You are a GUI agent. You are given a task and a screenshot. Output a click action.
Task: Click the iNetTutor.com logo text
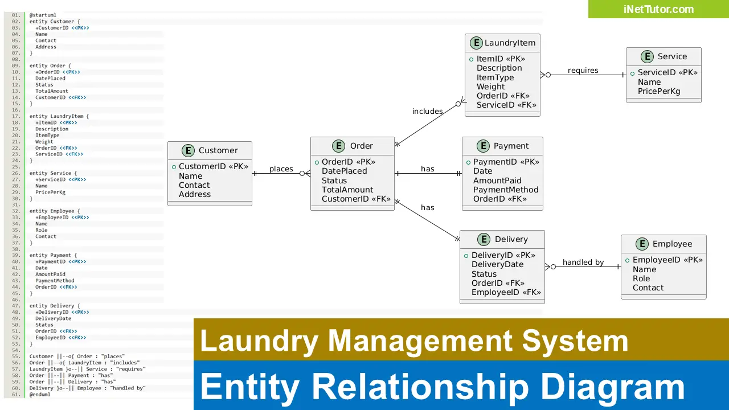(658, 9)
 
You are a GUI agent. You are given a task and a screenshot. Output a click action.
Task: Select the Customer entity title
(218, 150)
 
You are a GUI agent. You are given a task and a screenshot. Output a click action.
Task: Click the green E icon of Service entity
(647, 56)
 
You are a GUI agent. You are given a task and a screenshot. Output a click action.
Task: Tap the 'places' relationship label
(281, 169)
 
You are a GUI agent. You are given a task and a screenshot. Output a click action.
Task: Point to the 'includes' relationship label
(427, 111)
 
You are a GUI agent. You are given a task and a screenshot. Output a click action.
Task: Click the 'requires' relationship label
(583, 70)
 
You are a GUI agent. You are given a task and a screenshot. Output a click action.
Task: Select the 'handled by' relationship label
(583, 262)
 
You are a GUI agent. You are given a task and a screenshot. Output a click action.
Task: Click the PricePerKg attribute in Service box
(658, 91)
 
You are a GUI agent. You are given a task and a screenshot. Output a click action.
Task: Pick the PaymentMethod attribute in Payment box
(505, 190)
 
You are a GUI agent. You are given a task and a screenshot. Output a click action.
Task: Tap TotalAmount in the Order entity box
(347, 190)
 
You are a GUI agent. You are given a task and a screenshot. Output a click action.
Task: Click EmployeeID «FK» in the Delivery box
(506, 292)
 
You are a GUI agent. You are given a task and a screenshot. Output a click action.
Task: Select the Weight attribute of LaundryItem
(490, 87)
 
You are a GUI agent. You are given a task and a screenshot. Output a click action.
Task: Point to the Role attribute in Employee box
(641, 278)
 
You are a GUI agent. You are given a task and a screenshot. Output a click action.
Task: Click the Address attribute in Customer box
(194, 194)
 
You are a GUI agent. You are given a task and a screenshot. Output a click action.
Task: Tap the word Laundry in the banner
(259, 341)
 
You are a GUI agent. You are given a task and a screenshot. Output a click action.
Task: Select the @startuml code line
(43, 15)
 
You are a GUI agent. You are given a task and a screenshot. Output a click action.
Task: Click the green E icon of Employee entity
(642, 244)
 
